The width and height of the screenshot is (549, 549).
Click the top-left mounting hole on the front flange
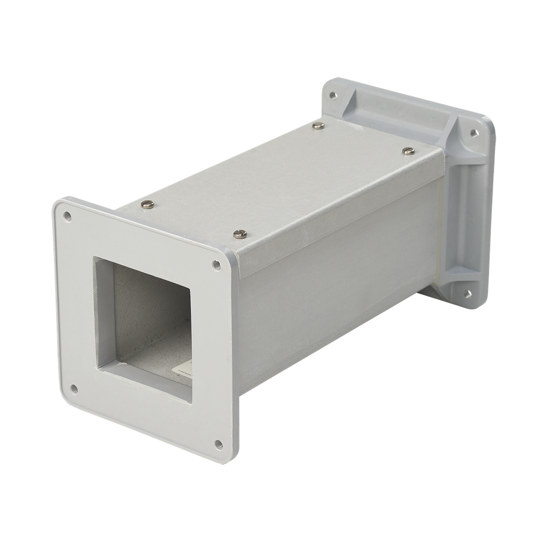67,216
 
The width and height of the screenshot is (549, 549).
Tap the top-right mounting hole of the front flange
217,265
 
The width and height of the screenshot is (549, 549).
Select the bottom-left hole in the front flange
74,389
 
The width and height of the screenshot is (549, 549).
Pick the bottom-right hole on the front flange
219,444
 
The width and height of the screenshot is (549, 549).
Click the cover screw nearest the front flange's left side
147,204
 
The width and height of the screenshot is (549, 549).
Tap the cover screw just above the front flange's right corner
240,234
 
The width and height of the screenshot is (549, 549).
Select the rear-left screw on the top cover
318,125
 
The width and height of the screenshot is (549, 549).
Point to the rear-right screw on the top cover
409,151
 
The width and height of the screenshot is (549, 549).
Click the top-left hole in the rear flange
333,95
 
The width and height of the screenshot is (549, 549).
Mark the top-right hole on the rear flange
474,133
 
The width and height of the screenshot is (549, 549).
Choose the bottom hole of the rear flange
468,293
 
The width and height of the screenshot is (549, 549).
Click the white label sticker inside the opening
185,369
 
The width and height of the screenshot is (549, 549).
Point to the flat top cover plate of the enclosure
284,182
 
